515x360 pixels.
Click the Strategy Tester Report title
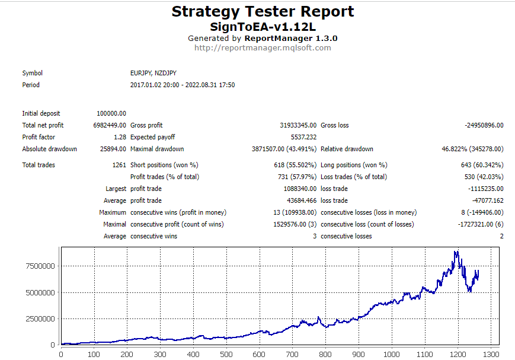[263, 11]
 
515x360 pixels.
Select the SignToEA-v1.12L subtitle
[263, 27]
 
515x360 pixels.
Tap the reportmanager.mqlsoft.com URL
[263, 47]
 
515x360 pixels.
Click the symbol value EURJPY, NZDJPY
[153, 73]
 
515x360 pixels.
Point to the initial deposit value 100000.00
[111, 113]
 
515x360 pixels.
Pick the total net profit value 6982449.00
[109, 125]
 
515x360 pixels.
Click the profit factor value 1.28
[120, 137]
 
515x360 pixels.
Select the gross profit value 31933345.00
[298, 125]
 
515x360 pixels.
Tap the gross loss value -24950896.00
[484, 125]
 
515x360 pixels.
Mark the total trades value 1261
[119, 165]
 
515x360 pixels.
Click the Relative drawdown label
[347, 149]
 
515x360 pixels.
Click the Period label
[31, 85]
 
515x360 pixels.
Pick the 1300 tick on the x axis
[490, 355]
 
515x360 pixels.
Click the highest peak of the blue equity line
[455, 251]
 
